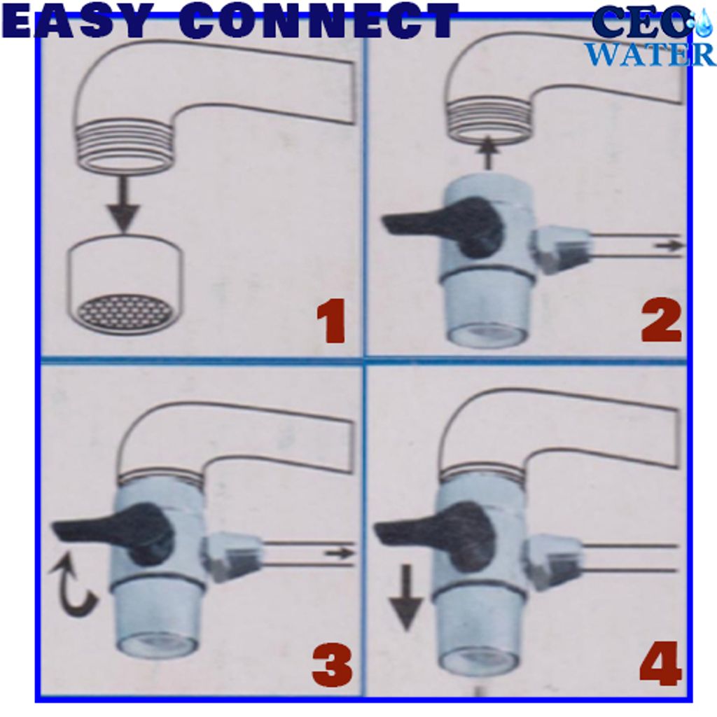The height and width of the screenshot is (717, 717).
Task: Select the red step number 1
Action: [330, 321]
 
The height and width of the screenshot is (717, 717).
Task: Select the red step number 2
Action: [662, 319]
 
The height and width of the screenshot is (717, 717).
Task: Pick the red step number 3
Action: [333, 664]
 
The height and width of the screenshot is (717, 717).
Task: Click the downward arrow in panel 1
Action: [123, 204]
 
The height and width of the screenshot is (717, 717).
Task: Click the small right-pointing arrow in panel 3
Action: [340, 553]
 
